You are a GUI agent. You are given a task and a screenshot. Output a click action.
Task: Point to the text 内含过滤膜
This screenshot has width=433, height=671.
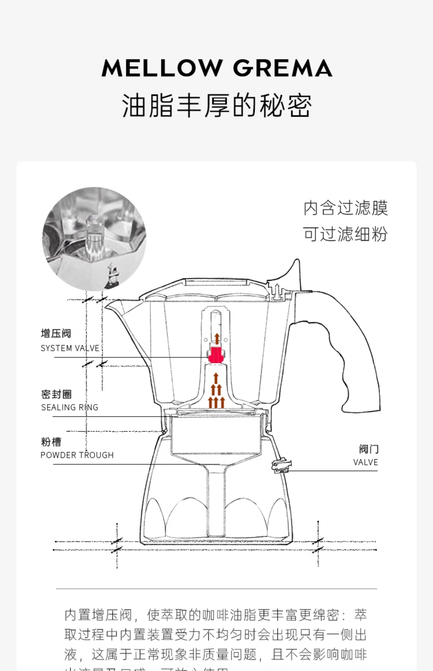coord(346,208)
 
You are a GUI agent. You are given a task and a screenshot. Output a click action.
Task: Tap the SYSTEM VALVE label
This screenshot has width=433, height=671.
coord(70,348)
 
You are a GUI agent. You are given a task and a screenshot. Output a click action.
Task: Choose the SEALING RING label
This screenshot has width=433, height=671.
coord(70,407)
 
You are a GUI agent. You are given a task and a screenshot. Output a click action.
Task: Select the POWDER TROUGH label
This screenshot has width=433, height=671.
coord(77,455)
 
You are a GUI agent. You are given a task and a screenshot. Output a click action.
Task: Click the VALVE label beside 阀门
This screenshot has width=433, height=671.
coord(366,462)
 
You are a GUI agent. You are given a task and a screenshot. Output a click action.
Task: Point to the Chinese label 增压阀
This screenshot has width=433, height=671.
coord(56,334)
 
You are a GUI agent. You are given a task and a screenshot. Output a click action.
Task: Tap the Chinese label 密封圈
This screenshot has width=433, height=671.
coord(56,394)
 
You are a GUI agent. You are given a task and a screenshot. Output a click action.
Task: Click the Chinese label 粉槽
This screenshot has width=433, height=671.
coord(51,442)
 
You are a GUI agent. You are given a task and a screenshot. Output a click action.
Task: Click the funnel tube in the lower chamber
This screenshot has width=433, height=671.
coord(216,504)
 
